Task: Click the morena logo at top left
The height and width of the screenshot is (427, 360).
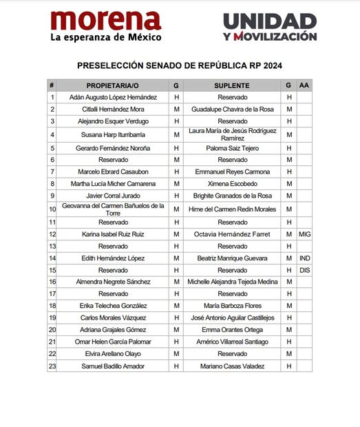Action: pos(105,25)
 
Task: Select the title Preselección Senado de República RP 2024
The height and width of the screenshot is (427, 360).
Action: pos(180,66)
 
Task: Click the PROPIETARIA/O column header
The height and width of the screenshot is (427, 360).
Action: pos(113,85)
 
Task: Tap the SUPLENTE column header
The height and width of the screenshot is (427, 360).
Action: pos(232,85)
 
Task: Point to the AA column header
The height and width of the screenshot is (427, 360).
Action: pos(304,85)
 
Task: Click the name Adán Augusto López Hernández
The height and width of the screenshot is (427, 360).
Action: pos(113,97)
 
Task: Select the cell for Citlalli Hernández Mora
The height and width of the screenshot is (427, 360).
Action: pos(113,109)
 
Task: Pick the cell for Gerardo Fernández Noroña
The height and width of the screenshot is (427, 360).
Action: pos(113,148)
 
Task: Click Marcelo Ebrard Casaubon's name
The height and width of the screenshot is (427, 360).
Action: pos(113,171)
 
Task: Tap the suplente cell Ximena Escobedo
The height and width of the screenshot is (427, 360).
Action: pos(232,184)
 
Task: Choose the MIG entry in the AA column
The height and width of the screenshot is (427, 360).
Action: pos(304,234)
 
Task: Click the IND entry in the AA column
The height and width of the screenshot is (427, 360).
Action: pos(304,258)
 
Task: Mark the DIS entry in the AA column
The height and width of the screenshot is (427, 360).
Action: pos(304,270)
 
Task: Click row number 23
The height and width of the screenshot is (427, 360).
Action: pos(52,366)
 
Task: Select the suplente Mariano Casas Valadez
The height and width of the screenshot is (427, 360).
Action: pos(232,366)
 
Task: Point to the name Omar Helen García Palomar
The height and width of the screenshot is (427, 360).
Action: pos(113,342)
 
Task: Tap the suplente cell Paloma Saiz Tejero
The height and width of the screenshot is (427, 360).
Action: pos(232,148)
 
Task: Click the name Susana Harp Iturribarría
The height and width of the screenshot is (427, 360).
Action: pos(113,134)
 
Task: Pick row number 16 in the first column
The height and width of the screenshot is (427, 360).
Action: pos(52,282)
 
